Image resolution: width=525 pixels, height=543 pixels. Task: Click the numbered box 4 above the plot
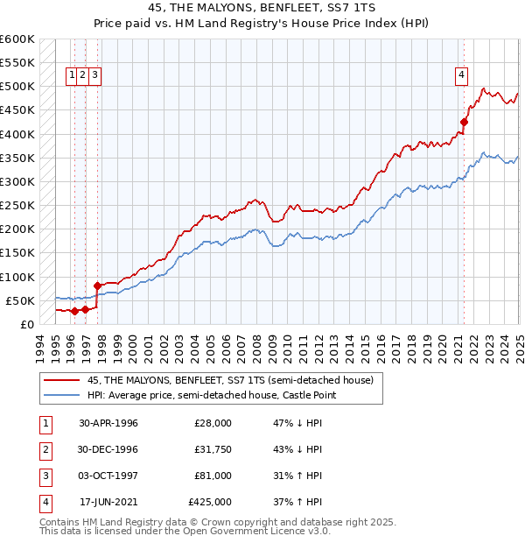point(460,75)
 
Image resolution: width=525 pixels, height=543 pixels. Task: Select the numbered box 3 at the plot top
point(94,75)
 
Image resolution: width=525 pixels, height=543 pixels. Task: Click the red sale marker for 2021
point(465,123)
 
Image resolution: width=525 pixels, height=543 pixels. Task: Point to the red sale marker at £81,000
point(97,286)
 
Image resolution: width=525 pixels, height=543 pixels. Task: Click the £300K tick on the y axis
point(17,181)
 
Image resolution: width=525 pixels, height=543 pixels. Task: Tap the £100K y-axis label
point(17,277)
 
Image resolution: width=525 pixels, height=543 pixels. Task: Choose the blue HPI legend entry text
point(213,395)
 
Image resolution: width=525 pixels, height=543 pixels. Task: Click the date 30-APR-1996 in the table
point(108,423)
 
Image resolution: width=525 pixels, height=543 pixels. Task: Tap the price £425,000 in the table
point(210,502)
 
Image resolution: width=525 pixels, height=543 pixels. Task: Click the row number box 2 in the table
point(43,449)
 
